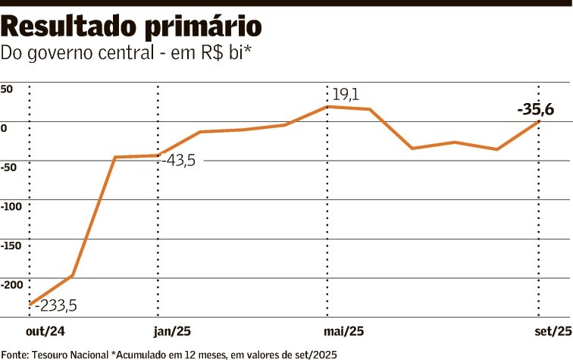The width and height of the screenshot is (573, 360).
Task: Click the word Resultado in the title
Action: click(x=67, y=27)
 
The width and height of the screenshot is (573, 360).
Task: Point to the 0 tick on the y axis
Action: click(x=4, y=128)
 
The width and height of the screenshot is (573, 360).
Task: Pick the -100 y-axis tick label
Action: click(x=11, y=206)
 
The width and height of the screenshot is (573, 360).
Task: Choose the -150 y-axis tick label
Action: click(x=11, y=246)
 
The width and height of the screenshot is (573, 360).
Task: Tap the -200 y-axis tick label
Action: click(x=11, y=285)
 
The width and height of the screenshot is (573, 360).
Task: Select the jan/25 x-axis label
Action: click(x=173, y=331)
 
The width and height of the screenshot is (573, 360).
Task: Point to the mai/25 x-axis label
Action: click(x=344, y=331)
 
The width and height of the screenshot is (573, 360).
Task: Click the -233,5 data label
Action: click(x=55, y=305)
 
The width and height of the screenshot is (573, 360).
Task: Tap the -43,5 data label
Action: click(x=181, y=161)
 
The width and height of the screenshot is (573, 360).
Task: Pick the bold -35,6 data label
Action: click(x=535, y=111)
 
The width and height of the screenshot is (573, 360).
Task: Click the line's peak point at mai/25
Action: click(x=327, y=107)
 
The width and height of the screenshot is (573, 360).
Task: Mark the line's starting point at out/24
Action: click(x=30, y=305)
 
